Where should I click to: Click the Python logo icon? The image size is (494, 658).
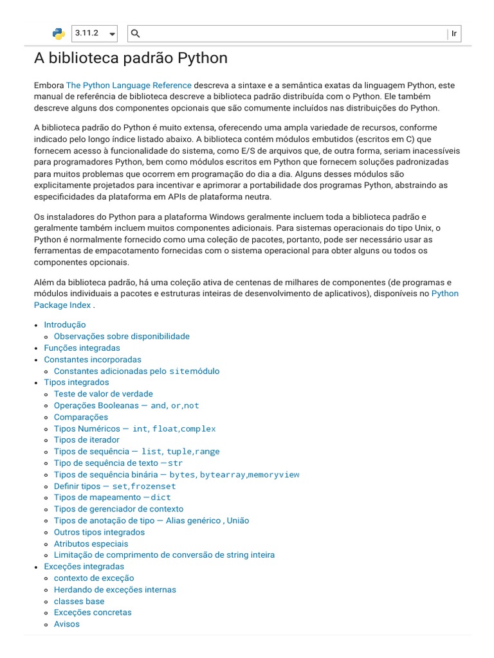tap(59, 33)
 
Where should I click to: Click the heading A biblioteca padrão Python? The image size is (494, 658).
tap(131, 58)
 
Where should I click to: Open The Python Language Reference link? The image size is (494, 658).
tap(129, 85)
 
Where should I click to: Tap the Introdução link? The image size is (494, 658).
tap(64, 325)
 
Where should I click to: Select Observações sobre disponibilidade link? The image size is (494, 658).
tap(122, 336)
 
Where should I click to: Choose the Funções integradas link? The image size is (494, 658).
tap(82, 348)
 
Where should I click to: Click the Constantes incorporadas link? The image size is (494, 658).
tap(93, 359)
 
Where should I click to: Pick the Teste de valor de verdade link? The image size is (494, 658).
tap(104, 394)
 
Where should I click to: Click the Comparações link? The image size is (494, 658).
tap(81, 417)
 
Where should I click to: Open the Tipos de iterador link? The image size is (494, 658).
tap(87, 440)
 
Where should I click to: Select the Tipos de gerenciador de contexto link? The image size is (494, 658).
tap(118, 509)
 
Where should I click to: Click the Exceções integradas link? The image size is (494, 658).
tap(84, 566)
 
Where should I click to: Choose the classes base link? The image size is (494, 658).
tap(79, 601)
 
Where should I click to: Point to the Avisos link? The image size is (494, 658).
tap(67, 624)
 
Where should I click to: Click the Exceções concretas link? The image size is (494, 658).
tap(93, 612)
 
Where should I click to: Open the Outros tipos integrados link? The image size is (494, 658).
tap(99, 532)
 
